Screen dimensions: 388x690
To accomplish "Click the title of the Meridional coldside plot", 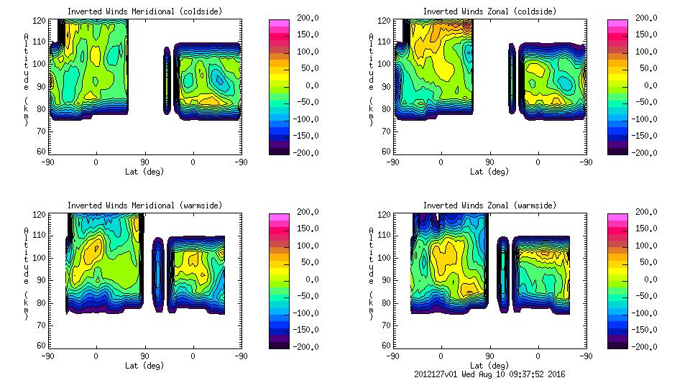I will click(144, 11).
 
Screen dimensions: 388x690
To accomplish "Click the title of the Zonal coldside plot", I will click(489, 11).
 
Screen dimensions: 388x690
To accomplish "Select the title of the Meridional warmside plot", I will click(144, 205).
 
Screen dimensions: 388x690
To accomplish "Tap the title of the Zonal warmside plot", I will click(489, 205).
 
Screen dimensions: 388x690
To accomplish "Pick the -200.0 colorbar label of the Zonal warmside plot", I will click(646, 347).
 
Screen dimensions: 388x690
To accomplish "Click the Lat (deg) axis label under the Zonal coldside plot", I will click(489, 172).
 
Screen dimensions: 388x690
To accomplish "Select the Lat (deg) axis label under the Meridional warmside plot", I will click(144, 366).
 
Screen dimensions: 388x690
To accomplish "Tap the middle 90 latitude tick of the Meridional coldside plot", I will click(144, 162).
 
